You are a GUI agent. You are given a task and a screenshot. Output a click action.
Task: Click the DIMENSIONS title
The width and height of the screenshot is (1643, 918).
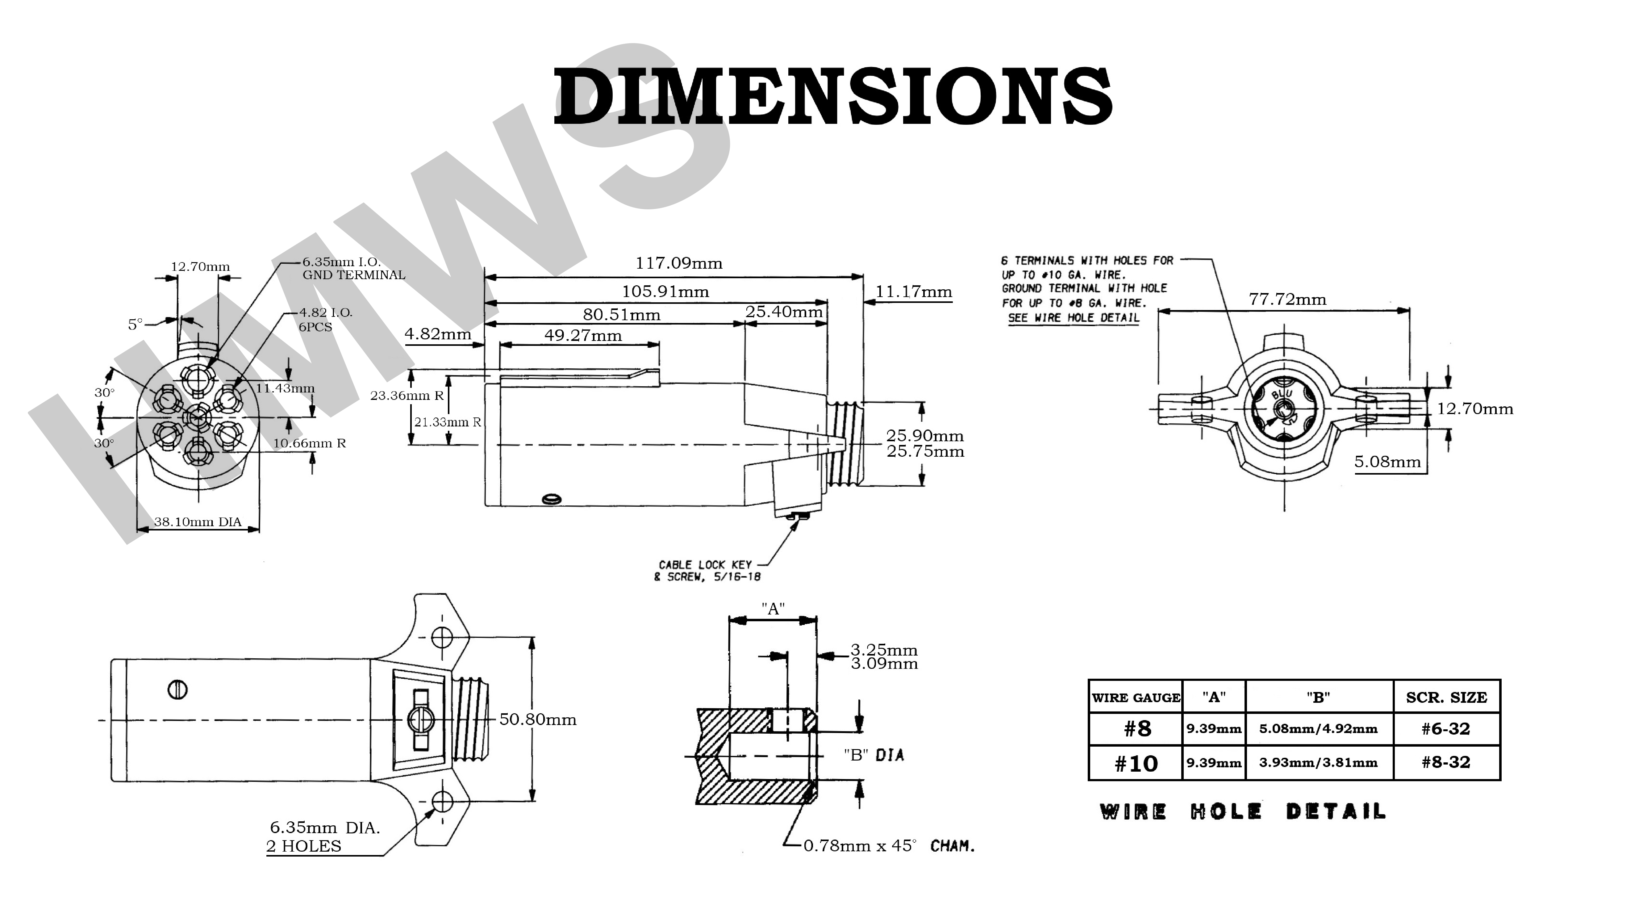click(x=832, y=97)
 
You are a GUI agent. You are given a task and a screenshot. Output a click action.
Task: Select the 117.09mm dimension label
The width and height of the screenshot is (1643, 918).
click(x=679, y=263)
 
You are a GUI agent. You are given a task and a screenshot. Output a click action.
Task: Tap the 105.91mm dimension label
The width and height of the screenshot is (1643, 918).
click(x=665, y=292)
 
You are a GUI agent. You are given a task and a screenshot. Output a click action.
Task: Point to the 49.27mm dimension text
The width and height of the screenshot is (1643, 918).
click(x=583, y=336)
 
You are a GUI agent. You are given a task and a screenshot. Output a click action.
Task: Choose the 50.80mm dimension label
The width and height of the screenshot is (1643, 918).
click(x=538, y=719)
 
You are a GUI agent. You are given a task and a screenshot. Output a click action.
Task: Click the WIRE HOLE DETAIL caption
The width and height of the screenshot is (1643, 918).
click(x=1242, y=812)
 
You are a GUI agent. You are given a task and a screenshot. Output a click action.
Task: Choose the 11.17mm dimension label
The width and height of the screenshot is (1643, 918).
click(x=913, y=292)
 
